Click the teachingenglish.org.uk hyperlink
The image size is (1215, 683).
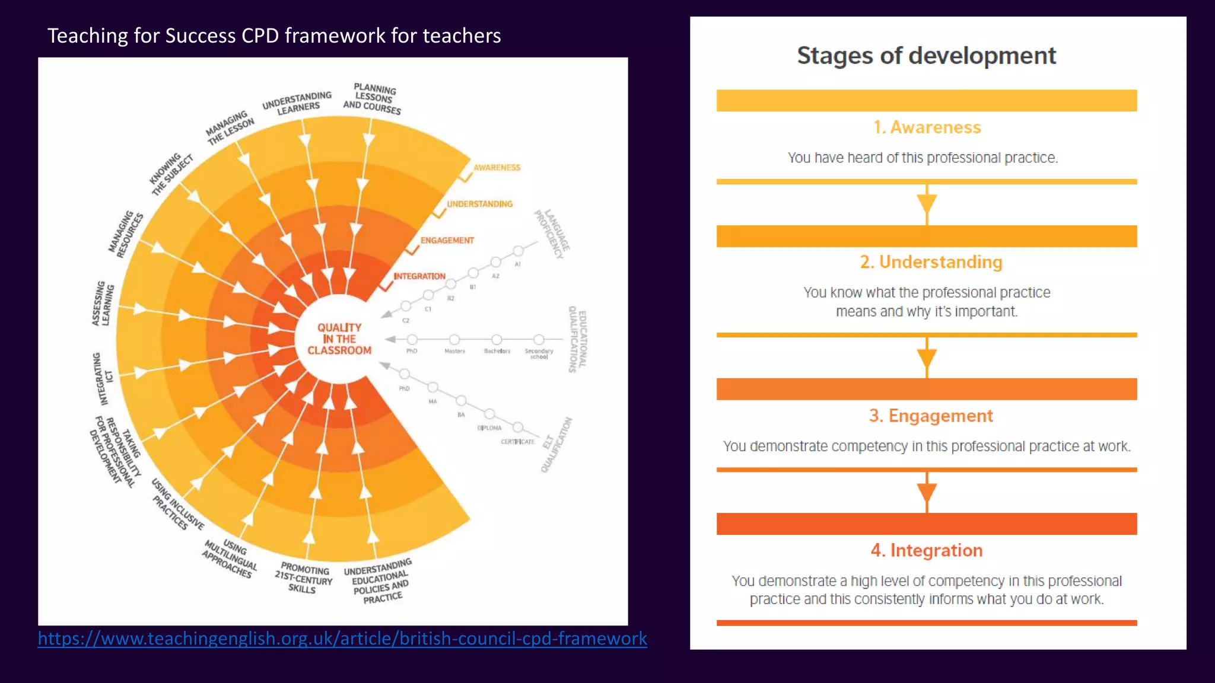342,639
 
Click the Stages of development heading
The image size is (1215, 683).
926,56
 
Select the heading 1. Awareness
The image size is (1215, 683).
927,127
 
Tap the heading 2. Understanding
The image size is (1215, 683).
931,262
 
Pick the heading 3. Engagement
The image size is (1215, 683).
930,416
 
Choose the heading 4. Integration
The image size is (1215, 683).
927,550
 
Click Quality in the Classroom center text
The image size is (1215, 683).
339,339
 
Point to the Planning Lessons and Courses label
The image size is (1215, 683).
373,99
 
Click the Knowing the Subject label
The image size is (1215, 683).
171,175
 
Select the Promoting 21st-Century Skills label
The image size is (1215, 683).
303,577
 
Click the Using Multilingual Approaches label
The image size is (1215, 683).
230,558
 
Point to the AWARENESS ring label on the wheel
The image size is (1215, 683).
497,168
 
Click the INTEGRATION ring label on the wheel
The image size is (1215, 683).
419,276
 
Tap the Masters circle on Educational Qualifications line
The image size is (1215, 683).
454,340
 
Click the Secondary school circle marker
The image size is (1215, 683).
539,340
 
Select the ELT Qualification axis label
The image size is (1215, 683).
556,445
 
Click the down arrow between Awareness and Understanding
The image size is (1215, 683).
927,203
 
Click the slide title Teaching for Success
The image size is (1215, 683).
274,36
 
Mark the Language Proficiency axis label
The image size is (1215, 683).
552,234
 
